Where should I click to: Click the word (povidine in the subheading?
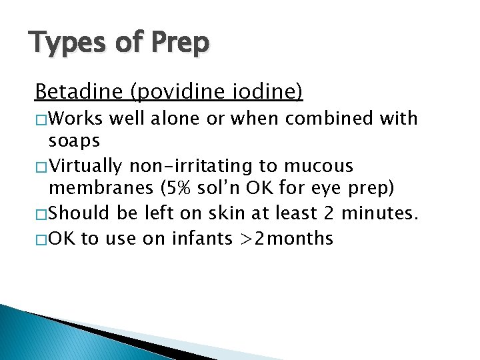(171, 91)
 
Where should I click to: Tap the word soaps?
(74, 142)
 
